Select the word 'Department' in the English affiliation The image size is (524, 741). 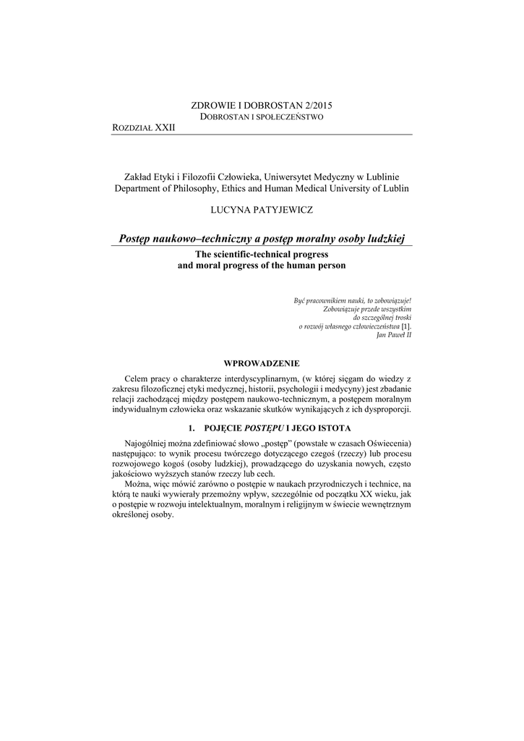click(x=140, y=188)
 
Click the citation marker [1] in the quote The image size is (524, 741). click(x=406, y=327)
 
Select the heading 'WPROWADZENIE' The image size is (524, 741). click(x=262, y=363)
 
